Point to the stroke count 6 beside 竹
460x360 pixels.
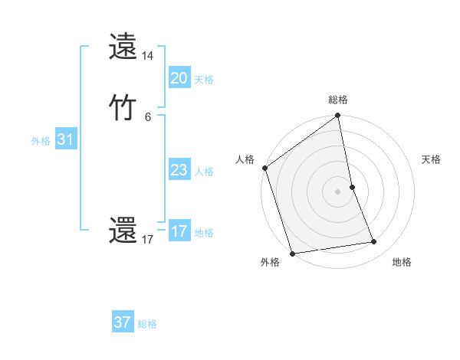tap(148, 117)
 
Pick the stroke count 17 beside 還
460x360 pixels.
tap(148, 240)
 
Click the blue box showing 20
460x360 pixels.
tap(179, 77)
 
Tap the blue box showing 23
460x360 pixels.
tap(179, 170)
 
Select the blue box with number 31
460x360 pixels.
tap(65, 139)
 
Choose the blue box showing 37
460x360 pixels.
tap(123, 322)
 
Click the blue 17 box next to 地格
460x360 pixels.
tap(179, 231)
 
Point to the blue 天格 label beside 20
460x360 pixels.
tap(204, 79)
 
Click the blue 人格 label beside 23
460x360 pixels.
tap(204, 172)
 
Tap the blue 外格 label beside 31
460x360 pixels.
tap(41, 141)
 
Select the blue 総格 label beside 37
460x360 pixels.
tap(147, 324)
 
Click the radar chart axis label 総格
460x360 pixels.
tap(338, 100)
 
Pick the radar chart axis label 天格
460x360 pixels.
tap(431, 159)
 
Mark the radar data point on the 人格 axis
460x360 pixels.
tap(265, 168)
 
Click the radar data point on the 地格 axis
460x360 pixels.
tap(374, 242)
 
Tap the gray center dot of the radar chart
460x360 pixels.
tap(337, 191)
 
